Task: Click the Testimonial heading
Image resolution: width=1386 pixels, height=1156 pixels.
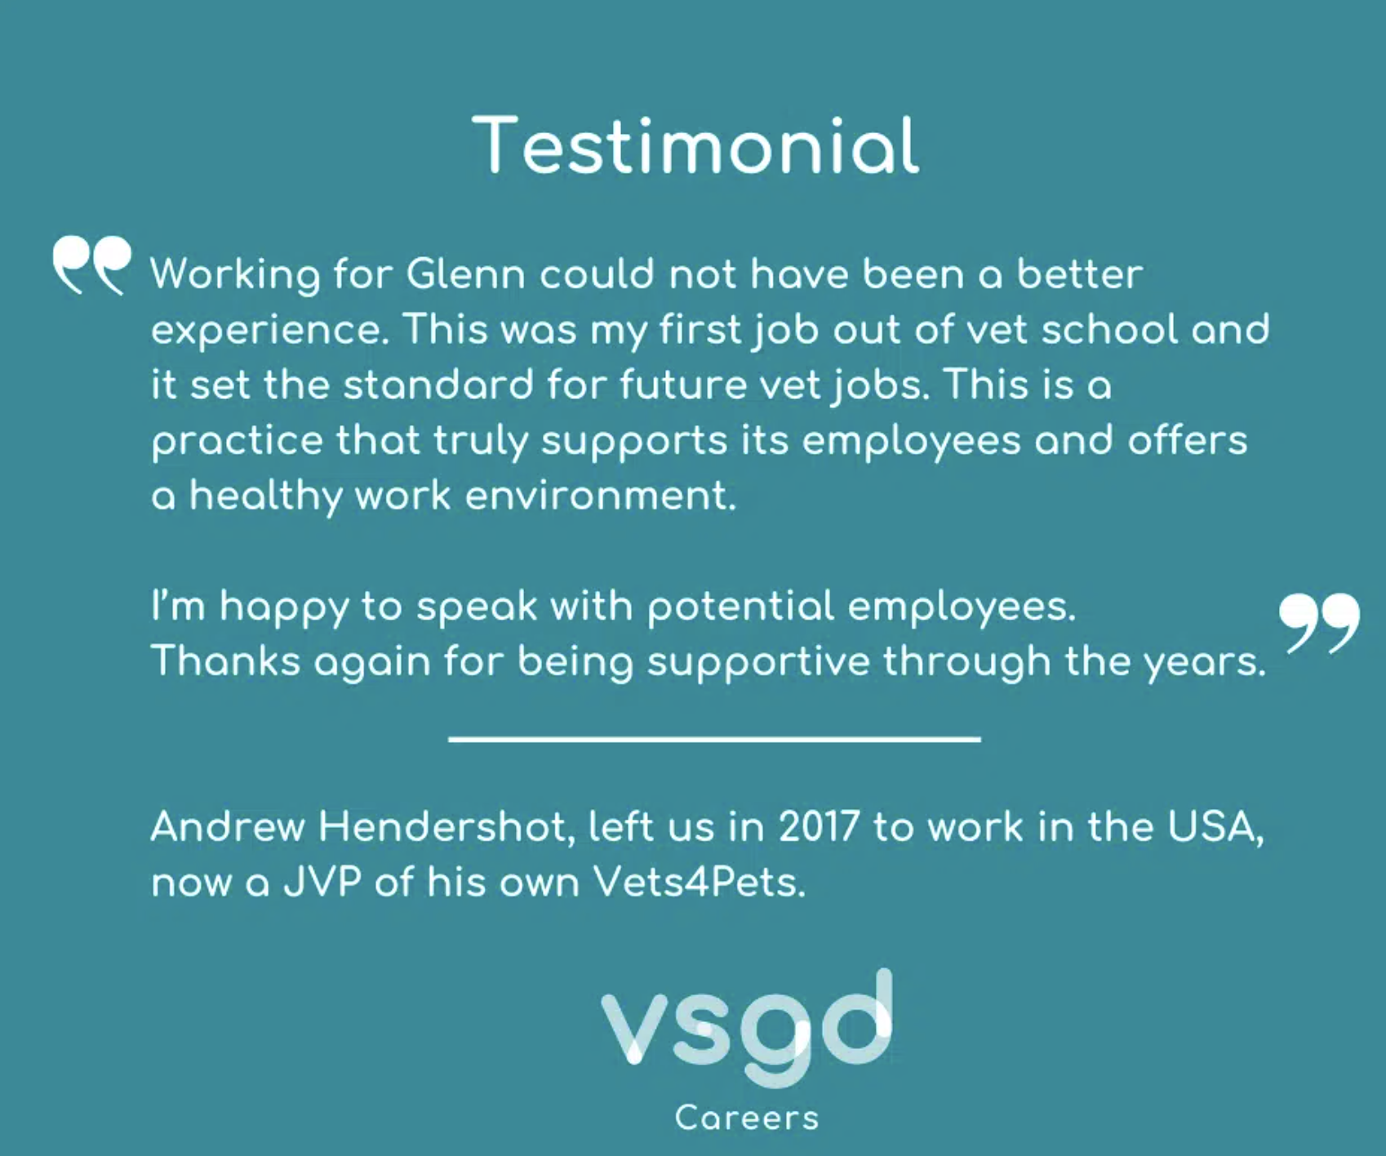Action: (696, 145)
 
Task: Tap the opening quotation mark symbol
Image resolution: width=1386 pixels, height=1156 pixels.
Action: (91, 265)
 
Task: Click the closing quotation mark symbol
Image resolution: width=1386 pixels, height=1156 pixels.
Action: (1319, 623)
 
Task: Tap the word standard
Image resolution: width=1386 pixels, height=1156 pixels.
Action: (438, 385)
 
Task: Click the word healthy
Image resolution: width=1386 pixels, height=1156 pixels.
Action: (265, 497)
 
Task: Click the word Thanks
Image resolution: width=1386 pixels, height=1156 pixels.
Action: (226, 660)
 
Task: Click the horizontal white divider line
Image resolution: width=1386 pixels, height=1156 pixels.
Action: (714, 739)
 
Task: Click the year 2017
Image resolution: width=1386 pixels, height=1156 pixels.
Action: (819, 827)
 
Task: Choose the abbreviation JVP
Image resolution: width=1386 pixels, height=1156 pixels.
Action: (322, 883)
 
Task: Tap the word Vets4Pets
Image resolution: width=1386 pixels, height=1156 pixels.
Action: (700, 883)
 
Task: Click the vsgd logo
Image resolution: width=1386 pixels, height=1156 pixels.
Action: (747, 1029)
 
